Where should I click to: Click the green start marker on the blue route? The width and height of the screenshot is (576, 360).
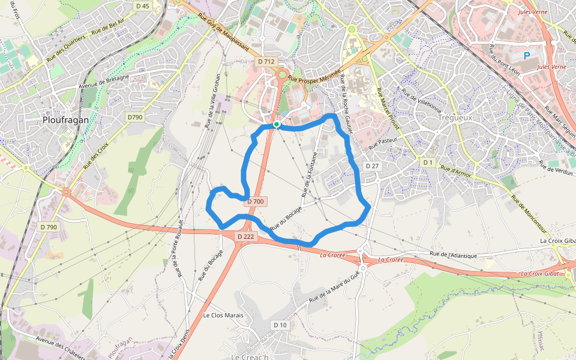(277, 124)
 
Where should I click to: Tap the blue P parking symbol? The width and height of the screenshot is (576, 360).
(527, 56)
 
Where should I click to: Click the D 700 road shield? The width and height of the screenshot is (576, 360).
(256, 202)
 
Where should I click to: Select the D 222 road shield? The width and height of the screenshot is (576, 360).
(246, 236)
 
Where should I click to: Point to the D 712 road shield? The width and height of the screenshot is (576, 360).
(266, 61)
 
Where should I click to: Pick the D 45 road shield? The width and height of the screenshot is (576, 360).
(142, 6)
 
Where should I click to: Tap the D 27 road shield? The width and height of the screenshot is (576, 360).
(372, 166)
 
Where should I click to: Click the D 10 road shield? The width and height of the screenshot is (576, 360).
(280, 325)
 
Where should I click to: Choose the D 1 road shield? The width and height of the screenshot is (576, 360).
(427, 163)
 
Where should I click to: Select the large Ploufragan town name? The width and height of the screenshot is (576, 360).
(65, 120)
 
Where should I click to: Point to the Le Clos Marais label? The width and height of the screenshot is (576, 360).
(223, 315)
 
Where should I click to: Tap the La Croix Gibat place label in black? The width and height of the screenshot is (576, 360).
(557, 241)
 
